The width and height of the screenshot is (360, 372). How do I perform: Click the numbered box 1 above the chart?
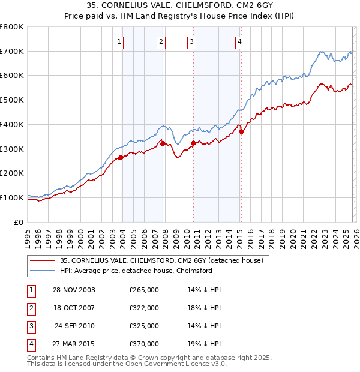[119, 41]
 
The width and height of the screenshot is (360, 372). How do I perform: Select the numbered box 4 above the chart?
[239, 41]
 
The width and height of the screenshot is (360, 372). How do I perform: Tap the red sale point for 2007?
[163, 143]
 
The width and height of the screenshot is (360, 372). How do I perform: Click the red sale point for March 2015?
[241, 132]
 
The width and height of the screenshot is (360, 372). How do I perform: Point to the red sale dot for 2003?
[121, 157]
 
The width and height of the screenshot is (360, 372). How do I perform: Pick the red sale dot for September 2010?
[193, 143]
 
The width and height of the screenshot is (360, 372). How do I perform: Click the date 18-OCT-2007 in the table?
[74, 308]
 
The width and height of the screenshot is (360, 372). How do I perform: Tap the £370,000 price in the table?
[143, 344]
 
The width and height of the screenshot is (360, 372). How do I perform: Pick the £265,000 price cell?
[143, 290]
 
